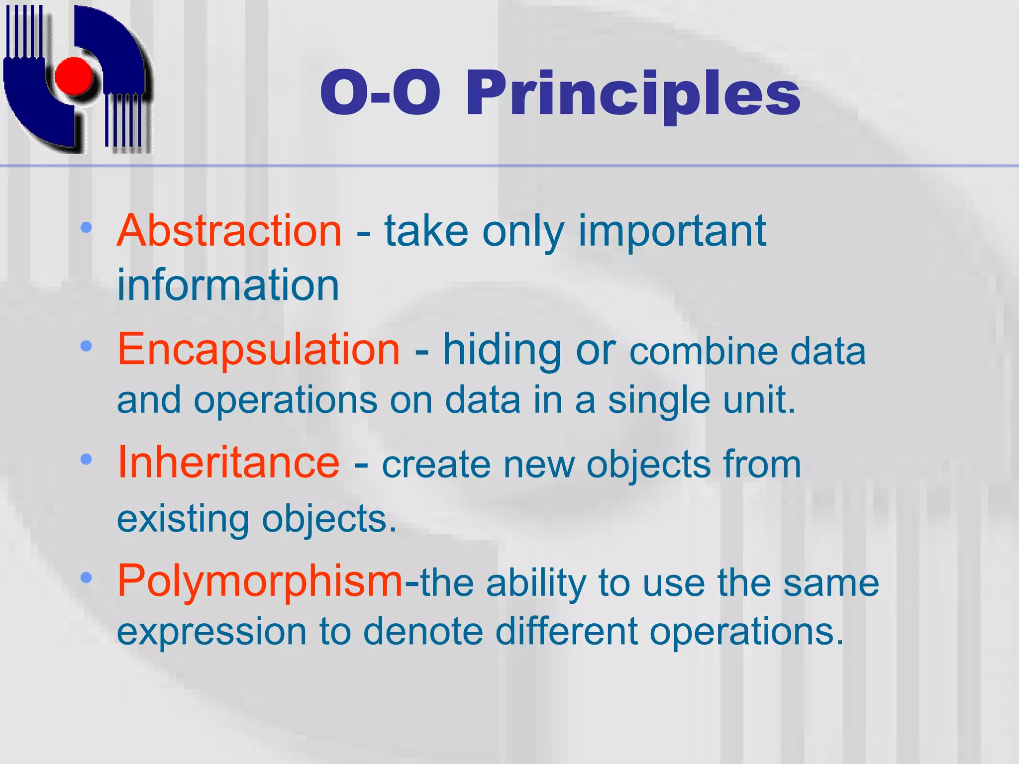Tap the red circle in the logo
[x=74, y=76]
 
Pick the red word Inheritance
[x=228, y=462]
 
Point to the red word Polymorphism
[x=260, y=580]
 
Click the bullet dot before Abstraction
[x=86, y=228]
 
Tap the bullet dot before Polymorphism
[x=86, y=577]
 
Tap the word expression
[x=211, y=631]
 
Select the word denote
[x=423, y=631]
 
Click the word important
[x=672, y=231]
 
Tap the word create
[x=436, y=465]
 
